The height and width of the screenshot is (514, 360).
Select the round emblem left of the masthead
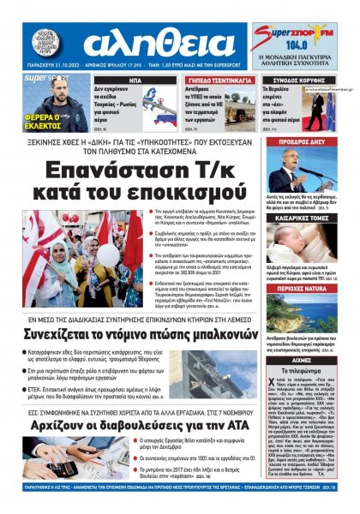pyautogui.click(x=42, y=42)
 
